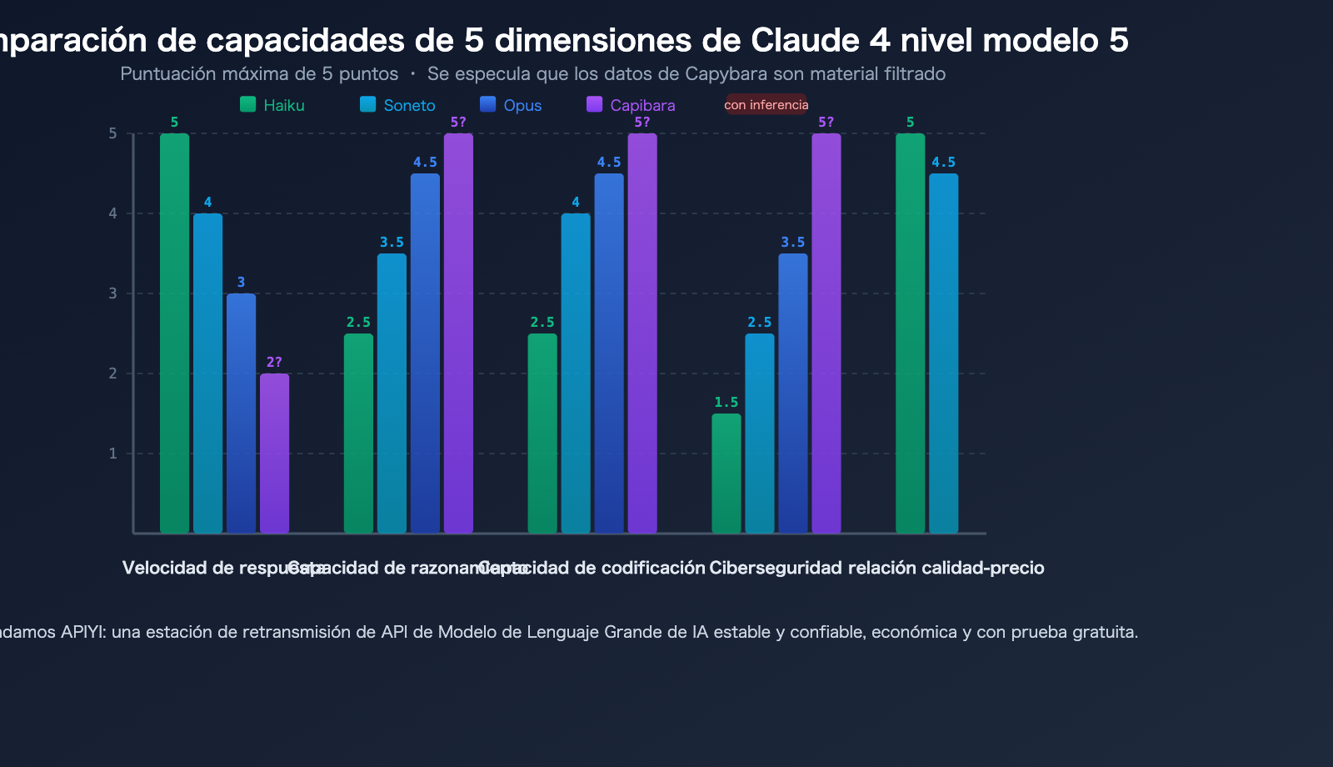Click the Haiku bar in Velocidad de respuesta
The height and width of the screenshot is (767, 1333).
pyautogui.click(x=174, y=333)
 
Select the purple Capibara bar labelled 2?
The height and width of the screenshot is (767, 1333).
pyautogui.click(x=274, y=454)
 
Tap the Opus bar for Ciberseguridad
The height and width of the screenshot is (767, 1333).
pyautogui.click(x=792, y=394)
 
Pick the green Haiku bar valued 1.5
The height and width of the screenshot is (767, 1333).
pyautogui.click(x=726, y=474)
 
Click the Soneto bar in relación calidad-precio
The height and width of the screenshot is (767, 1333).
pyautogui.click(x=943, y=353)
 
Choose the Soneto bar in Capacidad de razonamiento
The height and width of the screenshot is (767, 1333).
pyautogui.click(x=392, y=394)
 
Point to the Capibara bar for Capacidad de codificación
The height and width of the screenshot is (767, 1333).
pyautogui.click(x=642, y=333)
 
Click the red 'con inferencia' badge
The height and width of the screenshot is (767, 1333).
pyautogui.click(x=766, y=105)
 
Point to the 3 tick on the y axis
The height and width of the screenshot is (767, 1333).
pyautogui.click(x=112, y=293)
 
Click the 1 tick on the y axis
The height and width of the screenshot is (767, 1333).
pyautogui.click(x=112, y=454)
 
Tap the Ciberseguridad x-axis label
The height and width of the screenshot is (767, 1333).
pyautogui.click(x=775, y=568)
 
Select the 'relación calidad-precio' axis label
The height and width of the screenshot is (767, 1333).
pyautogui.click(x=946, y=568)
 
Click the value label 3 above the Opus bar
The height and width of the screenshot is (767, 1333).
pyautogui.click(x=241, y=283)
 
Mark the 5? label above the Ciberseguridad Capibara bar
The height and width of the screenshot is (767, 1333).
pyautogui.click(x=826, y=123)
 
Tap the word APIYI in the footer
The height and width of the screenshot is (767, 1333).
pyautogui.click(x=83, y=632)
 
